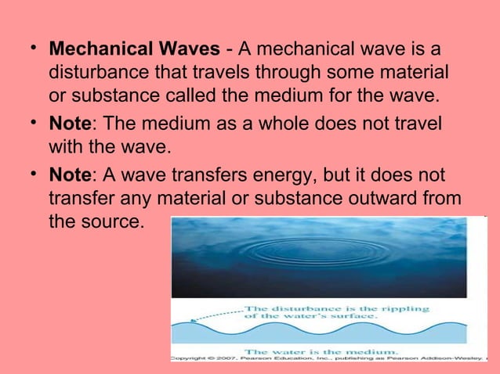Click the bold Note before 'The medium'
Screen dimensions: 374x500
70,124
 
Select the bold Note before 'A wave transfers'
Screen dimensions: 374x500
70,174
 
